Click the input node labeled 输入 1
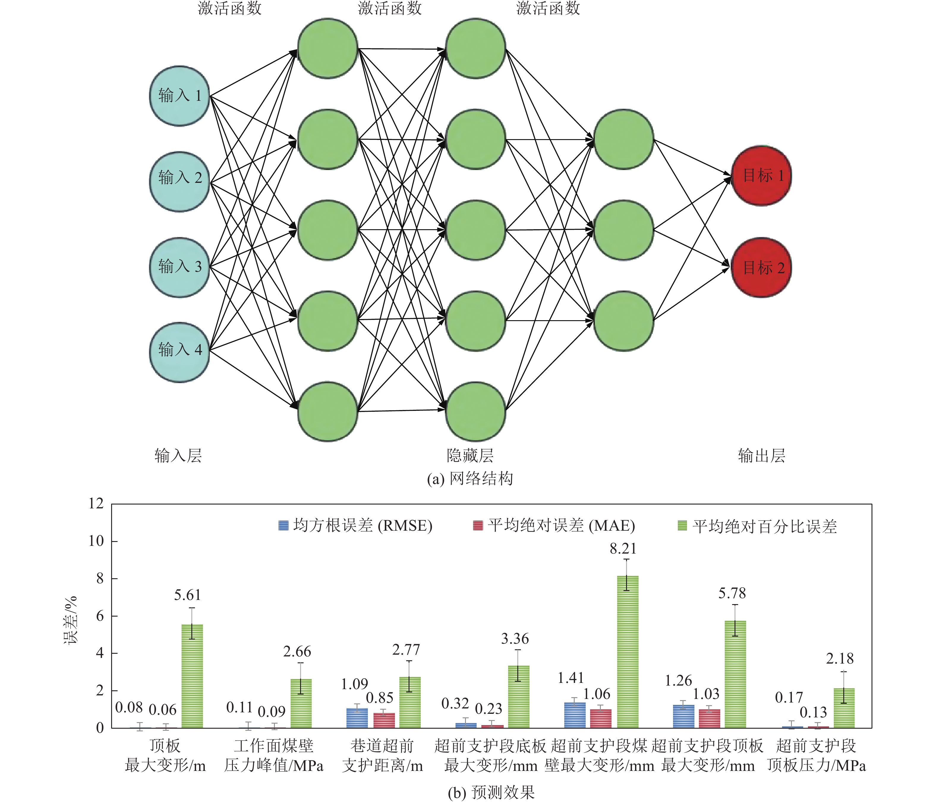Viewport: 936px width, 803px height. click(179, 96)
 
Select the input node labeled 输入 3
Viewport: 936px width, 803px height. click(179, 267)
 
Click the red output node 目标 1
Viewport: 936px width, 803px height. click(761, 176)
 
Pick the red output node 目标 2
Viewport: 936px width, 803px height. click(761, 268)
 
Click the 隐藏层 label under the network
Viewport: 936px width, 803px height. click(470, 455)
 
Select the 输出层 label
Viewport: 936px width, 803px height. click(761, 455)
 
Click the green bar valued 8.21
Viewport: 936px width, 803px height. click(628, 652)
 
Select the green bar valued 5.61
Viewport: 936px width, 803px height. click(192, 675)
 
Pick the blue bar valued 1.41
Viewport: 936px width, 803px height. click(575, 715)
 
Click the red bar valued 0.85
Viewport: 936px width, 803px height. click(384, 720)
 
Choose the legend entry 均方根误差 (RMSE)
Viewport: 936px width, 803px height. click(355, 526)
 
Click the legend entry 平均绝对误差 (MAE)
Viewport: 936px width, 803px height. click(554, 526)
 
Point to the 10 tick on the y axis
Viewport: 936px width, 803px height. click(96, 541)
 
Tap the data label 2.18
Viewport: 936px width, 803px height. click(840, 659)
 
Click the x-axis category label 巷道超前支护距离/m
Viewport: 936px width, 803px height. click(382, 755)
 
